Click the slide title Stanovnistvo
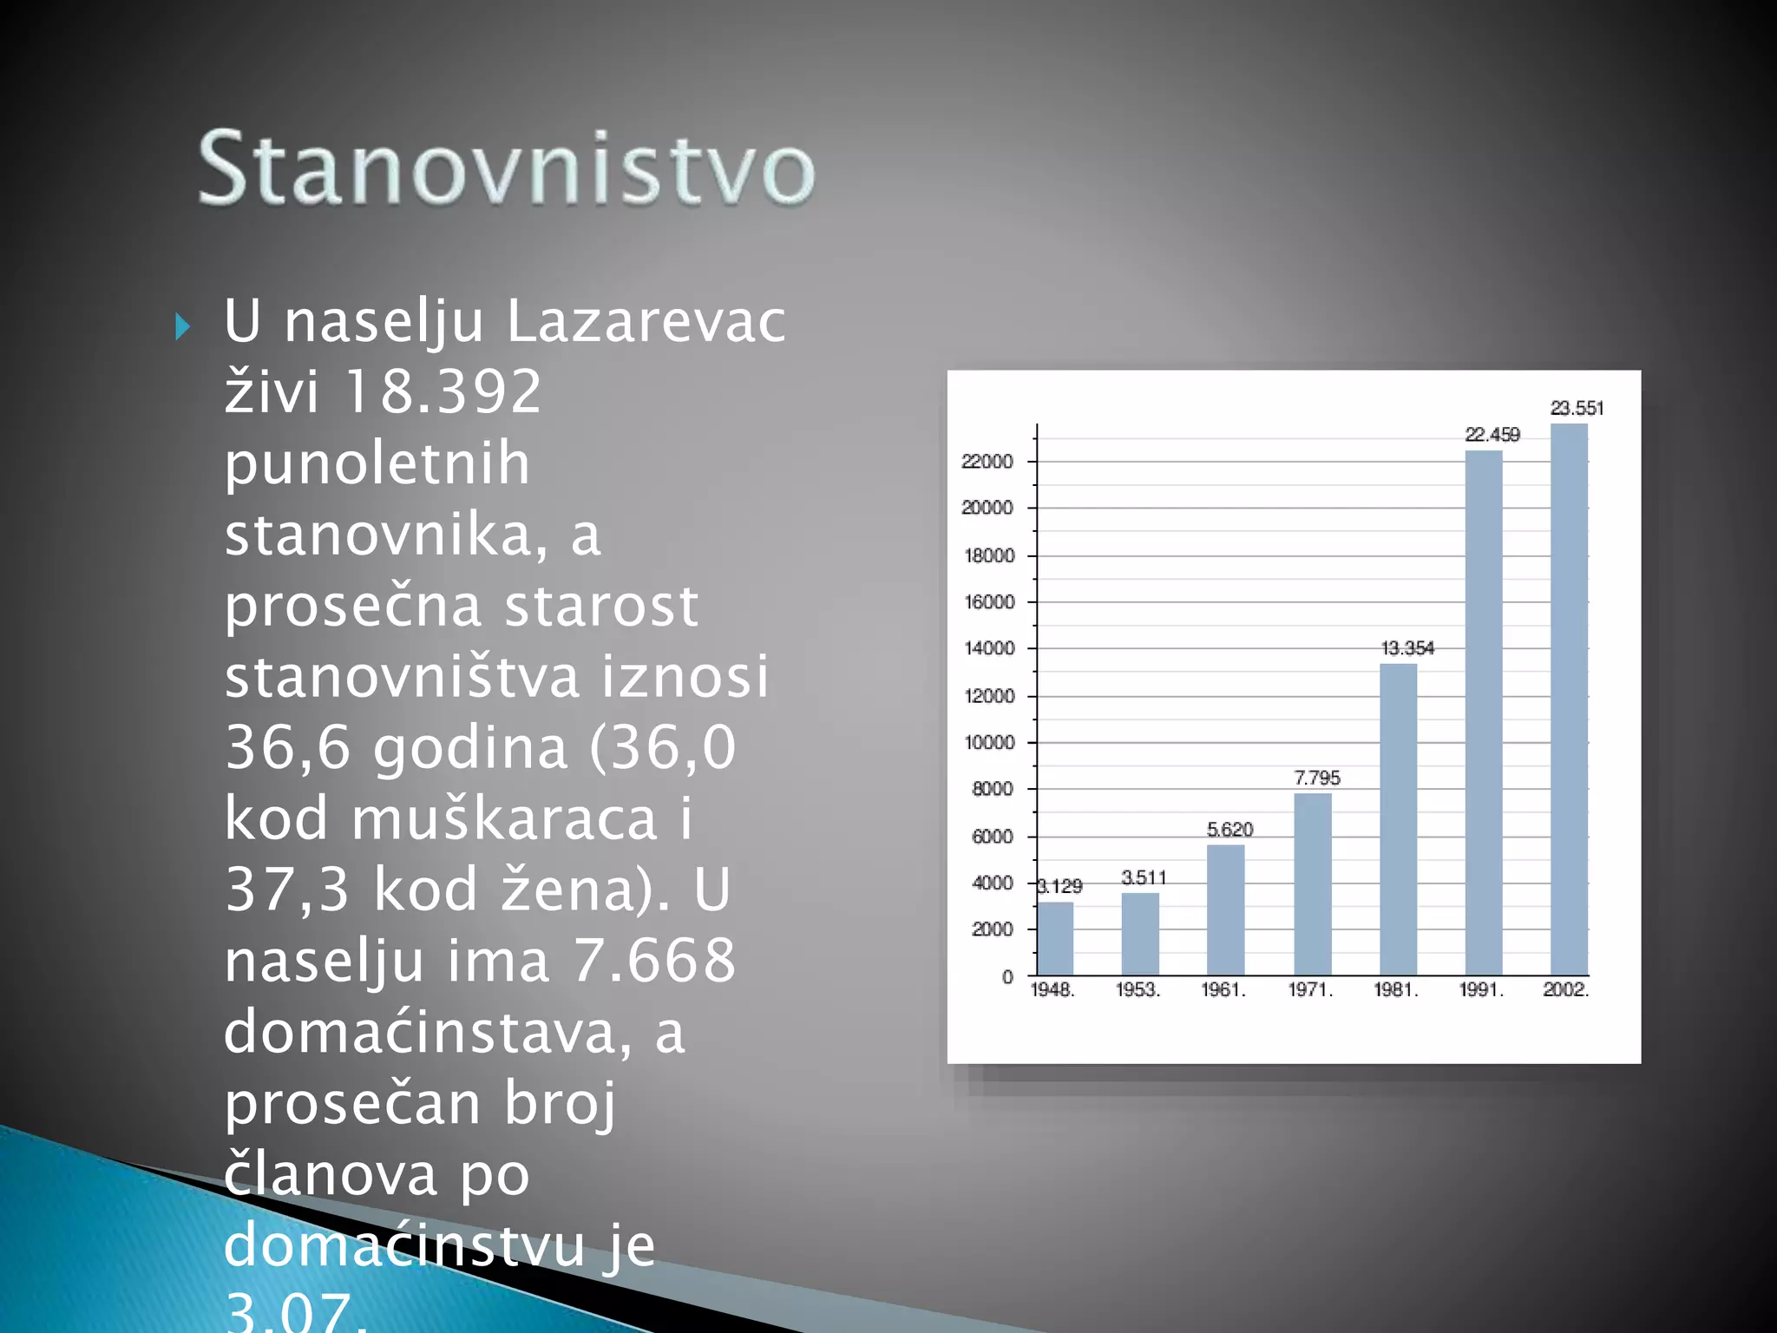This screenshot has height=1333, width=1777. point(507,168)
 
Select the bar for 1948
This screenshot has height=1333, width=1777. point(1055,939)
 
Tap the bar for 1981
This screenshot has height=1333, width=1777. point(1398,819)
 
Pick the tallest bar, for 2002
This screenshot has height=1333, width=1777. point(1569,699)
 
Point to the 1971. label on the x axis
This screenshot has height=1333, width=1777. point(1310,990)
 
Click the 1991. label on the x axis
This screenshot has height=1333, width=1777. point(1481,990)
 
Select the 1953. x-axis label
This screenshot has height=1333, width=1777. point(1138,990)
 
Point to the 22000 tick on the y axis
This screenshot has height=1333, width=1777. point(987,462)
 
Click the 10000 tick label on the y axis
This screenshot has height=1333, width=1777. point(988,743)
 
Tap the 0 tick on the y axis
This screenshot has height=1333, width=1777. point(1007,977)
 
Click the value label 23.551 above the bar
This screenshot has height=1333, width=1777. point(1577,408)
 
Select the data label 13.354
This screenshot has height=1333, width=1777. point(1407,648)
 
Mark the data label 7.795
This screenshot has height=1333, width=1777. point(1316,778)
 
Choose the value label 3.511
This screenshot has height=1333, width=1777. point(1144,877)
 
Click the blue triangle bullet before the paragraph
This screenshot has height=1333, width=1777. point(182,327)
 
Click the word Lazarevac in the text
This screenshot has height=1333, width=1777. point(646,321)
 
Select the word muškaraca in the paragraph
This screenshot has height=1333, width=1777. point(504,818)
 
